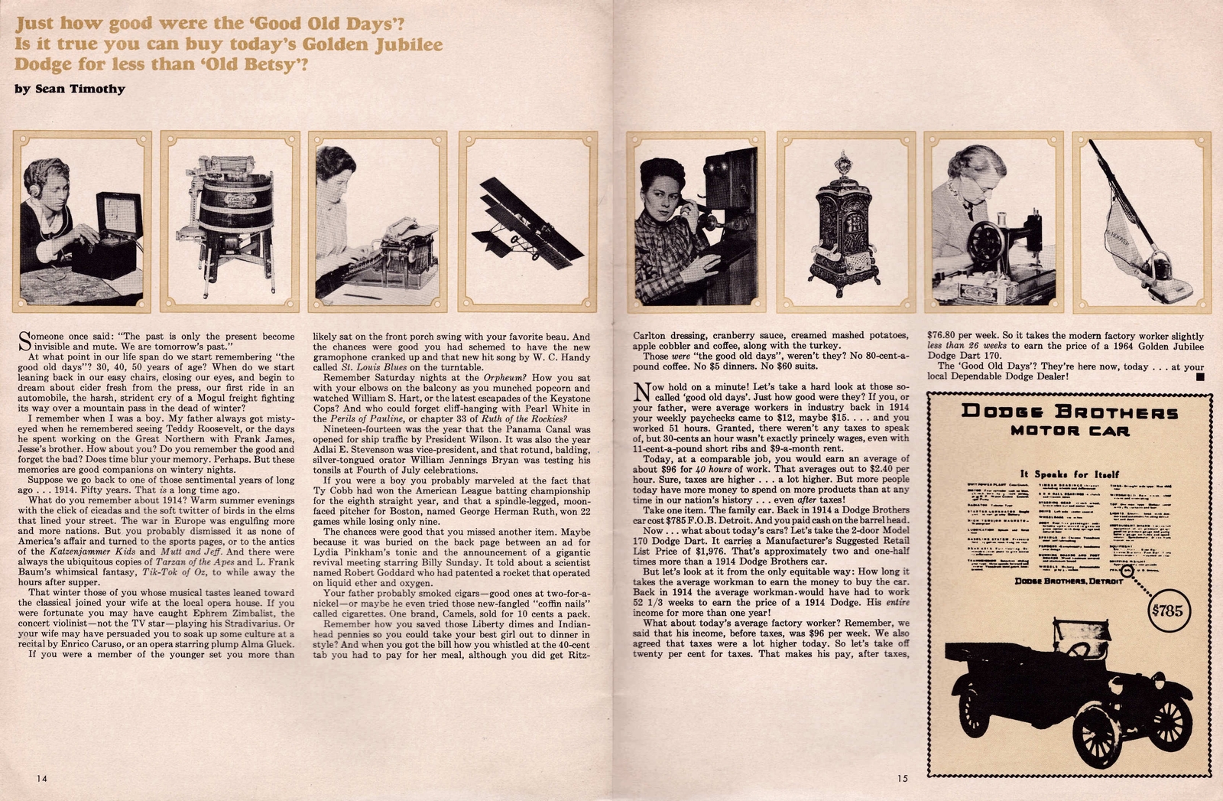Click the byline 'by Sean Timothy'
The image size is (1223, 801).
click(x=70, y=89)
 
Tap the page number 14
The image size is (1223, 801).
click(x=41, y=778)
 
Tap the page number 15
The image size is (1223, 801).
click(x=903, y=778)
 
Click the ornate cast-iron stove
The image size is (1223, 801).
click(x=843, y=230)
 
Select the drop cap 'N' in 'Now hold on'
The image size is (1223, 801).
click(x=643, y=392)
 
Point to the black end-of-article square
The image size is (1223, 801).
click(x=1199, y=376)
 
